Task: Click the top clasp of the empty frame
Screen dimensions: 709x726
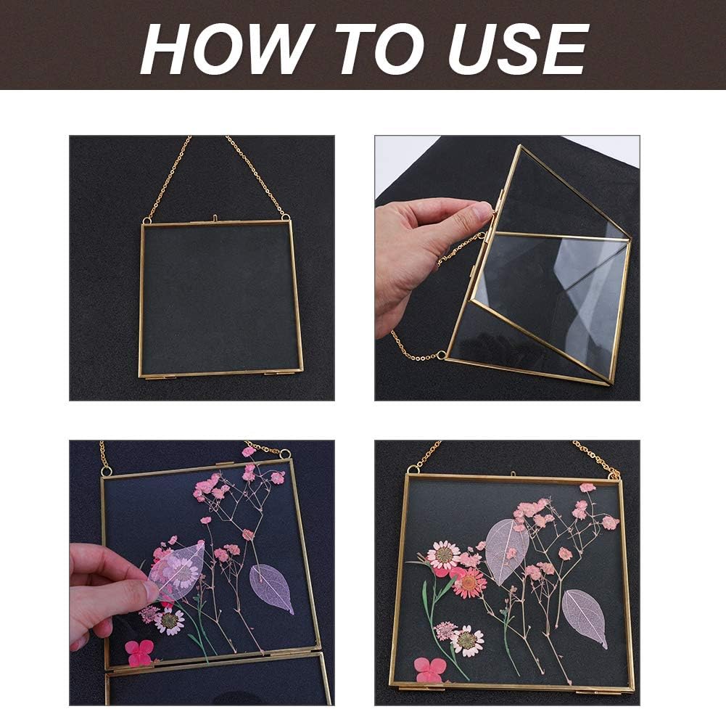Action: coord(215,217)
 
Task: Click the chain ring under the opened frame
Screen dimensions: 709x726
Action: coord(441,355)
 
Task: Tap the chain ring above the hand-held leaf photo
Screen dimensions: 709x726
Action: coord(285,454)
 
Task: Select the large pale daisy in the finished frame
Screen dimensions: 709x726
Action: coord(442,555)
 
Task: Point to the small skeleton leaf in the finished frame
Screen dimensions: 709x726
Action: coord(585,616)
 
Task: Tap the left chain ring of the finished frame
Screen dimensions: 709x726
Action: coord(415,468)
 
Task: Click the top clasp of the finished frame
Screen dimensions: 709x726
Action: coord(513,475)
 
